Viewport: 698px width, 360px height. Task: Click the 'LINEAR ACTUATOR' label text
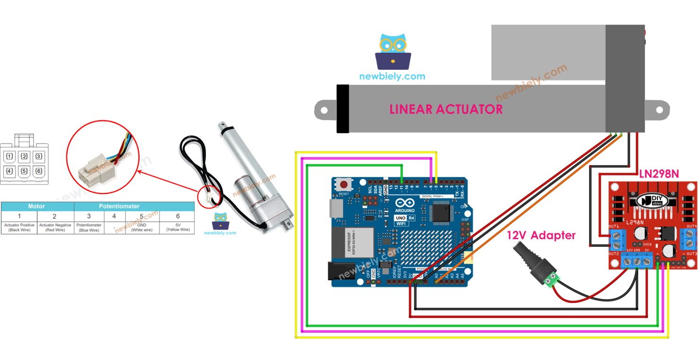446,109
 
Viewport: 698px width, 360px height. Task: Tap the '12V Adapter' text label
541,235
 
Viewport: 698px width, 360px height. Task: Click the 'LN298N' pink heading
658,174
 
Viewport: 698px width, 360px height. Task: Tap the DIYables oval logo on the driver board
652,200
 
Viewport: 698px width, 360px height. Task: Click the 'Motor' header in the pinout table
37,206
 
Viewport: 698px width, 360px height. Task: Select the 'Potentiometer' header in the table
119,206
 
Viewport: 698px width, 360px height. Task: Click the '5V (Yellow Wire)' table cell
177,227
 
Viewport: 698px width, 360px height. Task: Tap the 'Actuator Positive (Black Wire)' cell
19,227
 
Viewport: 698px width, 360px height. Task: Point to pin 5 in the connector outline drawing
24,171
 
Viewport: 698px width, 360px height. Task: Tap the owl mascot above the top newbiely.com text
393,51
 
